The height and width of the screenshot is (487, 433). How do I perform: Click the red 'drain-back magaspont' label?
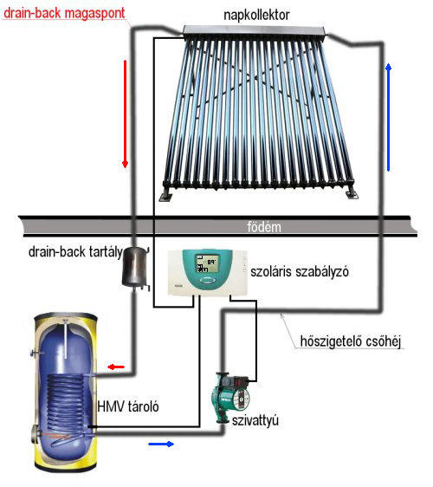(64, 13)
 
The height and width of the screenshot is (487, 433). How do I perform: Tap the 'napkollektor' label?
(256, 15)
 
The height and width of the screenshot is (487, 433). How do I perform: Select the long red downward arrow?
(125, 114)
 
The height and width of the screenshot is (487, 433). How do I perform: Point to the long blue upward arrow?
(388, 117)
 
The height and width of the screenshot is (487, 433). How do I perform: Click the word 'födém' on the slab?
(264, 227)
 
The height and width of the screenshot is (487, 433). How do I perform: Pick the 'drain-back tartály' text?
(75, 252)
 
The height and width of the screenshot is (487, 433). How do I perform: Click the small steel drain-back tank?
(135, 267)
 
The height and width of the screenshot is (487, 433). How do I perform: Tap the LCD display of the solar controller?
(207, 263)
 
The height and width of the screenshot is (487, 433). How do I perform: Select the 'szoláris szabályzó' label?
(300, 272)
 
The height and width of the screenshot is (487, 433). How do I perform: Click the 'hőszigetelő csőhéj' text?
(351, 341)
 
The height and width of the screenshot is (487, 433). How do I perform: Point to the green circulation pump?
(231, 398)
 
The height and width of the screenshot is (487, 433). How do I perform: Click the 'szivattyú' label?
(255, 420)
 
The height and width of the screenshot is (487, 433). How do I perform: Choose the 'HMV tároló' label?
(128, 406)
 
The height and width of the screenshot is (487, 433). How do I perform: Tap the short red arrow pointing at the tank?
(116, 367)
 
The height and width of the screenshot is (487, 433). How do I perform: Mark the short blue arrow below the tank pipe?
(161, 445)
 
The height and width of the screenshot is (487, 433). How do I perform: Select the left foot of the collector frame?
(165, 195)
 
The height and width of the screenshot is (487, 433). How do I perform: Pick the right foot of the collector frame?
(352, 193)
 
